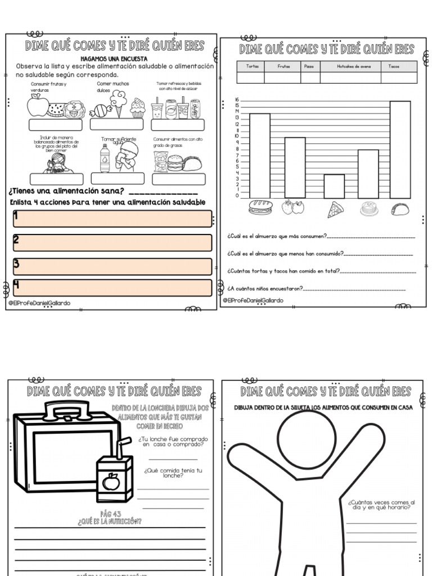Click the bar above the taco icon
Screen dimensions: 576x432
400,149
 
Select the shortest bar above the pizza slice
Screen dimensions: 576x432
334,186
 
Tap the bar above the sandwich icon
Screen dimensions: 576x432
260,155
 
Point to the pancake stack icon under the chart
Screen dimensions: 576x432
369,209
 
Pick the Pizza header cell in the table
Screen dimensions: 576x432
309,66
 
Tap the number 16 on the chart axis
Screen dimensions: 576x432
237,100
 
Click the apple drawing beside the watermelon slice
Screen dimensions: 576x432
38,106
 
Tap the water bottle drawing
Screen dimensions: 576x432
105,158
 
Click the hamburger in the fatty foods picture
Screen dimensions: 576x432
175,163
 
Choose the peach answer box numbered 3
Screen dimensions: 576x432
112,266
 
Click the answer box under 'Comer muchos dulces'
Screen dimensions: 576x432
116,124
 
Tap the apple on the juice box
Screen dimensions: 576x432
111,481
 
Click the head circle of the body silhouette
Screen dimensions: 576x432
307,439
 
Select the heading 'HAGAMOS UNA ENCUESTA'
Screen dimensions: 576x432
114,58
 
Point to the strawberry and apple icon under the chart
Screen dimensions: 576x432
293,207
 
